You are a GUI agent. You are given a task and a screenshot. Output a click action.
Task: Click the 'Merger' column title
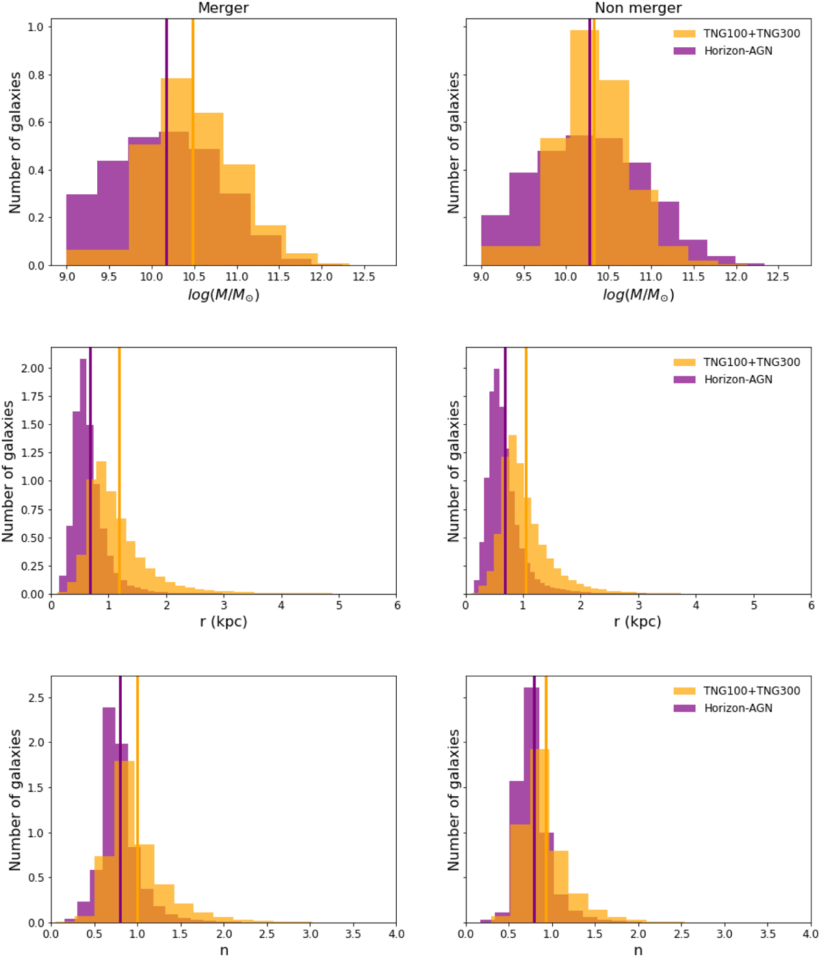point(223,8)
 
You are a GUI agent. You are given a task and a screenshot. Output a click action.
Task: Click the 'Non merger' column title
point(638,8)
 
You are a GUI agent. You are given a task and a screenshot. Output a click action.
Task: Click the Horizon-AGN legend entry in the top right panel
point(738,51)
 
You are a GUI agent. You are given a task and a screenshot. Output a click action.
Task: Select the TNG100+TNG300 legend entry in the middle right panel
point(751,362)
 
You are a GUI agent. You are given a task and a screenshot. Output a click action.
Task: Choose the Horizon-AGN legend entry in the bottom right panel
point(738,708)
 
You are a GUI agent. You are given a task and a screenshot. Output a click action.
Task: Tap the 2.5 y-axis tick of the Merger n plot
point(36,698)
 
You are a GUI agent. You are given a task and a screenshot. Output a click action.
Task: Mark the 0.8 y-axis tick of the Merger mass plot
point(36,75)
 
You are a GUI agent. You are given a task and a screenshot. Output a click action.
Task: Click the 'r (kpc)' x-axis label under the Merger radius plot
point(223,622)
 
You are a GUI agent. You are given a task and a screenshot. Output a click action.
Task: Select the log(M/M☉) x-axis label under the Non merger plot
point(638,295)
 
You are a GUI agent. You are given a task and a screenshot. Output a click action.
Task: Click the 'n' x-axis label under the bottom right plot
point(638,950)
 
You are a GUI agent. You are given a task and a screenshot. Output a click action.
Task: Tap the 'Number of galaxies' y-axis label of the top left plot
point(15,142)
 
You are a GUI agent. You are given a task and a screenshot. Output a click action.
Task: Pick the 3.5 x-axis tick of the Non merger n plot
point(768,934)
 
